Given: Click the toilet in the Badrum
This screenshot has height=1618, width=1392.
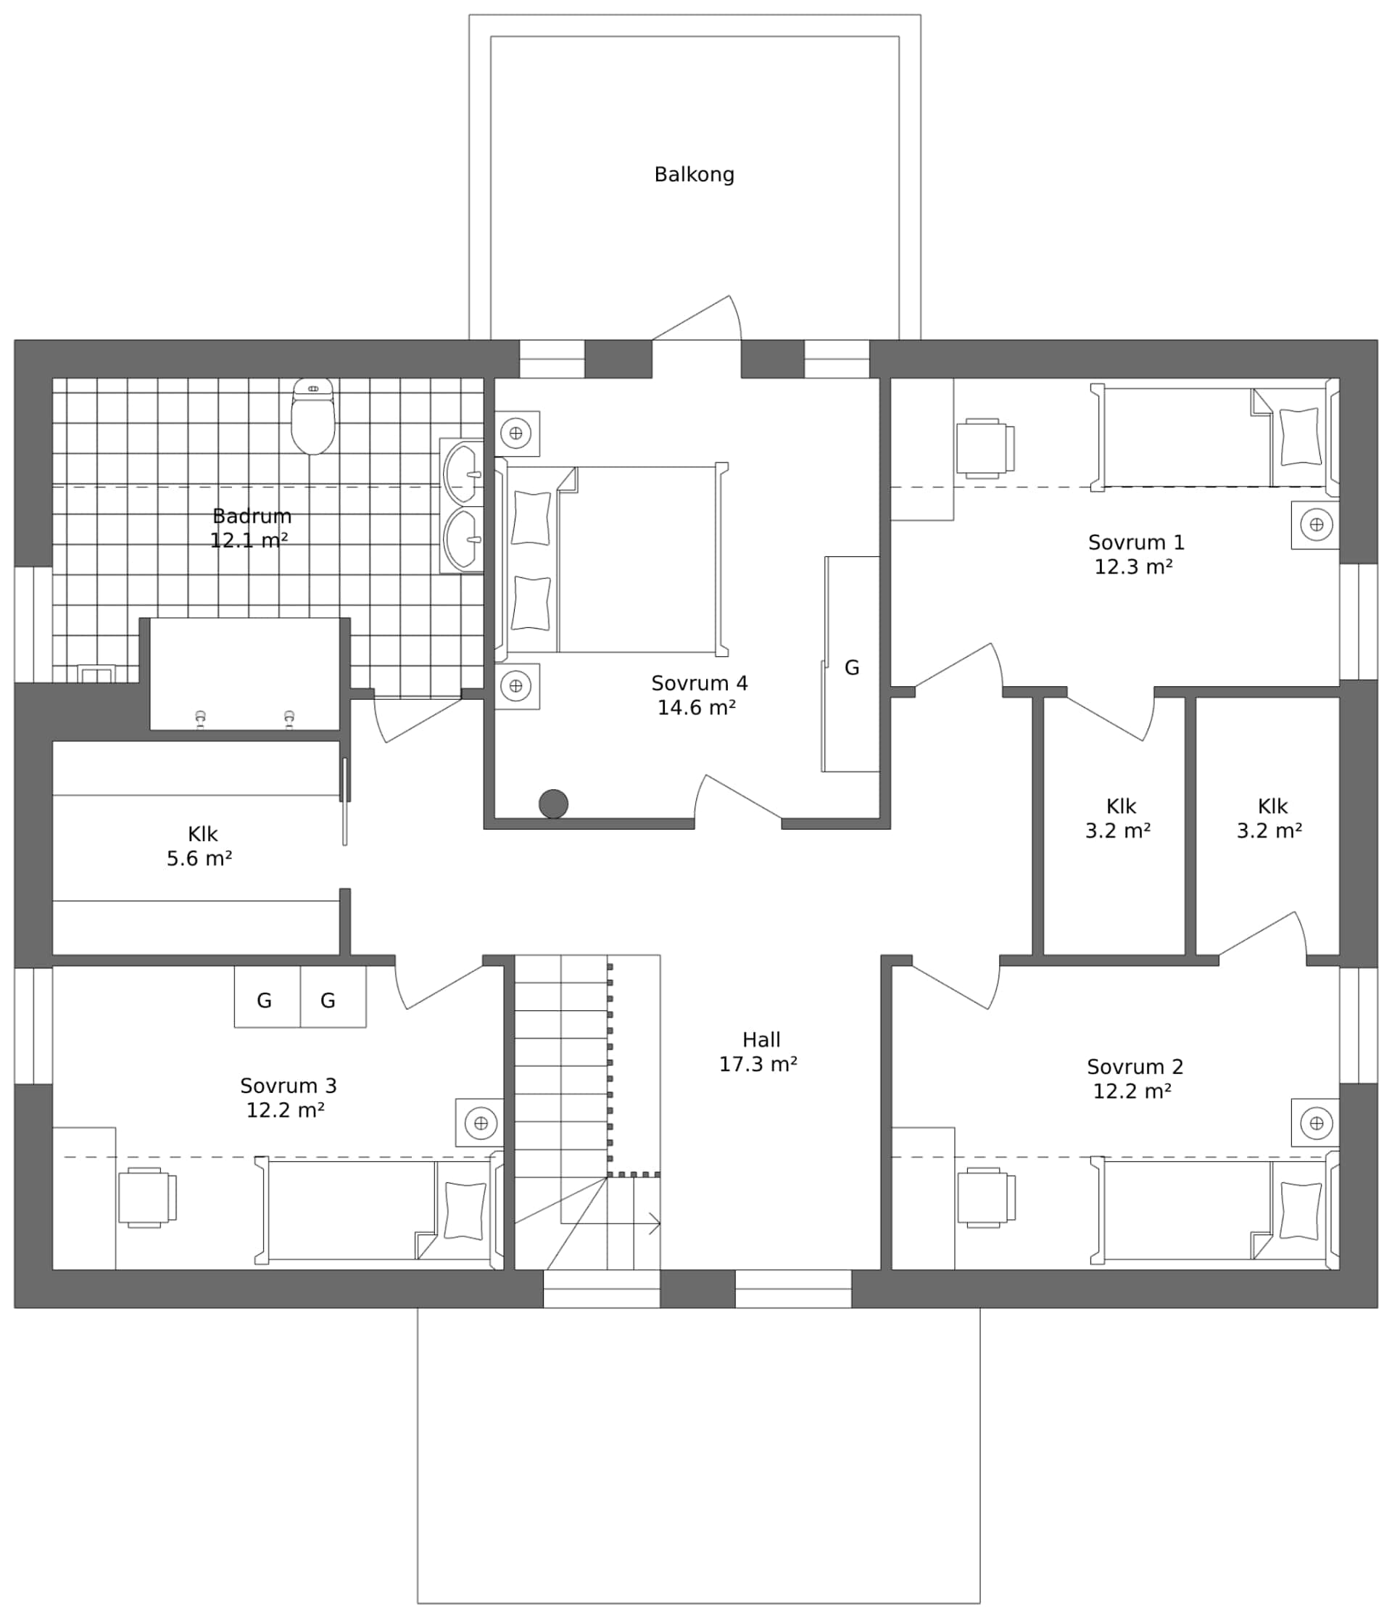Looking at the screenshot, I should pyautogui.click(x=313, y=418).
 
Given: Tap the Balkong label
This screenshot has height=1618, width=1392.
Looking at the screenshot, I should pyautogui.click(x=694, y=174).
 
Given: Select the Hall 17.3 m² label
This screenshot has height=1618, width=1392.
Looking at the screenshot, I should pyautogui.click(x=759, y=1052).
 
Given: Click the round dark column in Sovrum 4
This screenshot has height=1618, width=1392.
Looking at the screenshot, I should pyautogui.click(x=553, y=804).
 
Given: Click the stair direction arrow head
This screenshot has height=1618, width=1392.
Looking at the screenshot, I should pyautogui.click(x=656, y=1223).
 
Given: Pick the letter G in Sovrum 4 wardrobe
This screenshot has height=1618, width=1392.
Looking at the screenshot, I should pyautogui.click(x=852, y=668).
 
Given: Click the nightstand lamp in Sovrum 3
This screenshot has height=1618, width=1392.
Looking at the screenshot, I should pyautogui.click(x=481, y=1123).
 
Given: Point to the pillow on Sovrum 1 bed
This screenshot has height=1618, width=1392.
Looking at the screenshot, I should pyautogui.click(x=1300, y=437).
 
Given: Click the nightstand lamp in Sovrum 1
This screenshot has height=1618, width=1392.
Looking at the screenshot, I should pyautogui.click(x=1317, y=525).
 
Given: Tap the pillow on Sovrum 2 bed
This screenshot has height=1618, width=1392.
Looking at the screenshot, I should pyautogui.click(x=1300, y=1210).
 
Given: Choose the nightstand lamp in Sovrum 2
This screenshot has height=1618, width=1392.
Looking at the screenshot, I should pyautogui.click(x=1317, y=1123).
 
